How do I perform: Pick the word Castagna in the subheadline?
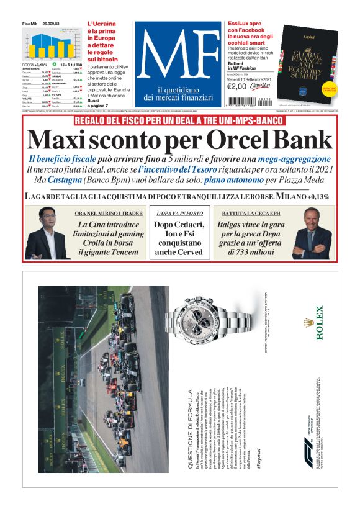(x=61, y=179)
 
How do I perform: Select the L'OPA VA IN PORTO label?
(x=180, y=213)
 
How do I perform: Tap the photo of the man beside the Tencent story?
(x=47, y=234)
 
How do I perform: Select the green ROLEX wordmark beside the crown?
(x=320, y=322)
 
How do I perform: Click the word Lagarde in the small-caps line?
(x=47, y=196)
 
